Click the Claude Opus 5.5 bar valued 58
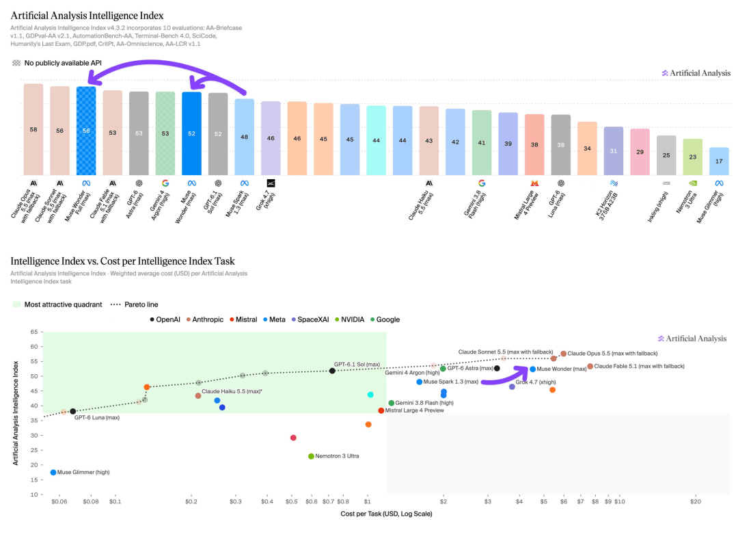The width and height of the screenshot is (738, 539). tap(33, 129)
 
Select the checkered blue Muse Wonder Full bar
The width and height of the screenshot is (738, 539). tap(86, 131)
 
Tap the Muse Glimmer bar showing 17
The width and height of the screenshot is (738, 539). tap(719, 161)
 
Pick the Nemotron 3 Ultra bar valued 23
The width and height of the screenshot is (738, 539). tap(693, 157)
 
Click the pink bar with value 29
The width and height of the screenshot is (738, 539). tap(640, 152)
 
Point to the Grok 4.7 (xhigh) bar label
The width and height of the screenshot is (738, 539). tap(265, 200)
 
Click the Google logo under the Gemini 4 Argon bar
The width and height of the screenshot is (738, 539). tap(165, 183)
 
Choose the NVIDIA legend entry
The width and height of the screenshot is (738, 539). tap(349, 319)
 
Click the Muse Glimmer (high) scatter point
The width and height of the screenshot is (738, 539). tap(53, 472)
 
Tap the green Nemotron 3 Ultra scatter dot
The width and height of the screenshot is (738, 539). tap(311, 456)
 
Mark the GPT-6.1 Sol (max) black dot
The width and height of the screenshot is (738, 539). tap(332, 371)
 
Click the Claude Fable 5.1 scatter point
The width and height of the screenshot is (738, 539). tap(590, 366)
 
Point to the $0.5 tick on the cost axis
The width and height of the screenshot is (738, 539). tap(291, 501)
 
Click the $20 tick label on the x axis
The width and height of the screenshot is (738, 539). tap(696, 501)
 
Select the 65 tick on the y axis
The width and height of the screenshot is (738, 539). tap(34, 332)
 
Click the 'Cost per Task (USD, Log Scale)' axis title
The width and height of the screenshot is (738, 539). tap(386, 514)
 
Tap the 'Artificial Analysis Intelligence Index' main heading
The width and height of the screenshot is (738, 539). tap(87, 16)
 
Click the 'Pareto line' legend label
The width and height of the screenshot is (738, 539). tap(141, 304)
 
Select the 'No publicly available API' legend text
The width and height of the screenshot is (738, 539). tap(63, 63)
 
